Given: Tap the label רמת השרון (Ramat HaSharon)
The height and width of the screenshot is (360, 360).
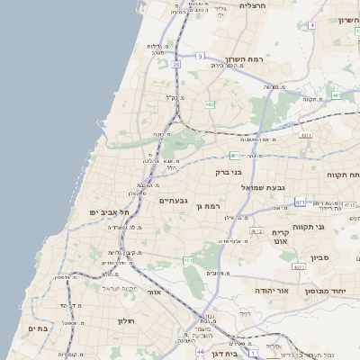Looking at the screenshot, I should (x=269, y=58).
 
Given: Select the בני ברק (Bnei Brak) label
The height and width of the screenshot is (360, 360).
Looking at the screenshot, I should (x=229, y=170).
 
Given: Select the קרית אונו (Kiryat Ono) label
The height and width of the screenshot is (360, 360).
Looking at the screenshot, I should (x=280, y=238).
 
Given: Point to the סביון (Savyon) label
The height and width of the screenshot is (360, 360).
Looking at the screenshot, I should (x=322, y=258).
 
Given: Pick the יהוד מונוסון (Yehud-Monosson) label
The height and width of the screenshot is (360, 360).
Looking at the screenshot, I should (x=326, y=292).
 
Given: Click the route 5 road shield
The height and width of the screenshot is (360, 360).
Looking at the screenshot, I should (x=199, y=56).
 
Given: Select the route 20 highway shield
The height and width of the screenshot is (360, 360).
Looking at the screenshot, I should (x=176, y=65).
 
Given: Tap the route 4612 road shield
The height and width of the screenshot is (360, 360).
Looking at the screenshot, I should (x=256, y=231).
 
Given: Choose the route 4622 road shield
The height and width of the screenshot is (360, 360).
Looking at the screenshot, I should (x=299, y=267).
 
